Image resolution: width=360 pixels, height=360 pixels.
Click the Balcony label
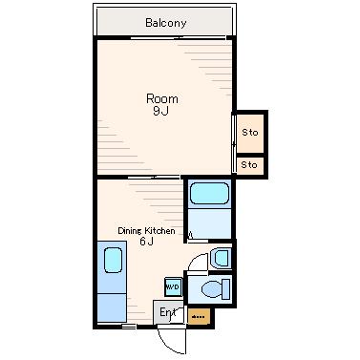coord(165,23)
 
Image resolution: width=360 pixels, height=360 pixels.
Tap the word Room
coord(162,98)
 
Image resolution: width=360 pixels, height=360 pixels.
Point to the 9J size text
coord(160,111)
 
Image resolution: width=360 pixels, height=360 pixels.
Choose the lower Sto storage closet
coord(250,165)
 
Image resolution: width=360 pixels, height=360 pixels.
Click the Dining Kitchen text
coord(146,230)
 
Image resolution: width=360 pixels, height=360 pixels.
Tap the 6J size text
coord(146,242)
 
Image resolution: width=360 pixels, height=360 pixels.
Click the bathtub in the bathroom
coord(209,194)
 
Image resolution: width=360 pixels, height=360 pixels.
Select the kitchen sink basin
coord(113,260)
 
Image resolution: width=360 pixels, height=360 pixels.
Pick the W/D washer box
coord(174,287)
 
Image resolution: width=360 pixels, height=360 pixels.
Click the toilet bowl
coord(212,289)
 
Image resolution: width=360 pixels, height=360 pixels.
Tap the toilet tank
coord(226,289)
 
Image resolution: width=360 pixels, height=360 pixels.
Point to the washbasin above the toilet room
coord(221,258)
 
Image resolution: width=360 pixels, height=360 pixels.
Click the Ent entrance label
coord(167,312)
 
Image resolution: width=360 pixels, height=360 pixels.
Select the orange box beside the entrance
coord(199,316)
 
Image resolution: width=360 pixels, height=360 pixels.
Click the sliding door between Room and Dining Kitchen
coord(155,177)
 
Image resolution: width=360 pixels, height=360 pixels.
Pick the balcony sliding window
coord(179,38)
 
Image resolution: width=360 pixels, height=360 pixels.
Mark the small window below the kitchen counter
coord(129,327)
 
